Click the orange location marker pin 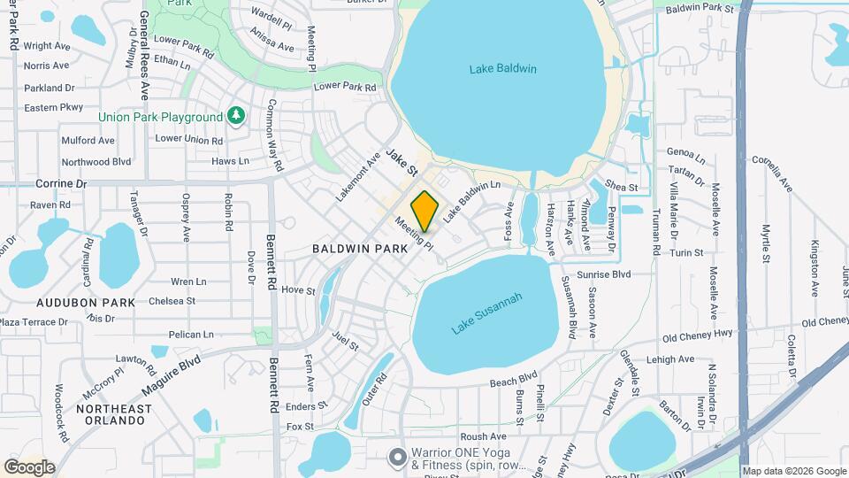coord(424,211)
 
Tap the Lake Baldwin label coord(503,68)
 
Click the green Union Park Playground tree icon coord(235,116)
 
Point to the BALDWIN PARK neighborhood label coord(360,249)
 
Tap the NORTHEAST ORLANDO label coord(113,416)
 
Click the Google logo coord(29,467)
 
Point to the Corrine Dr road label coord(61,184)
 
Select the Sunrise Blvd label coord(603,274)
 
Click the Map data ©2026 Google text coord(793,471)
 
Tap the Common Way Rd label coord(274,135)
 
